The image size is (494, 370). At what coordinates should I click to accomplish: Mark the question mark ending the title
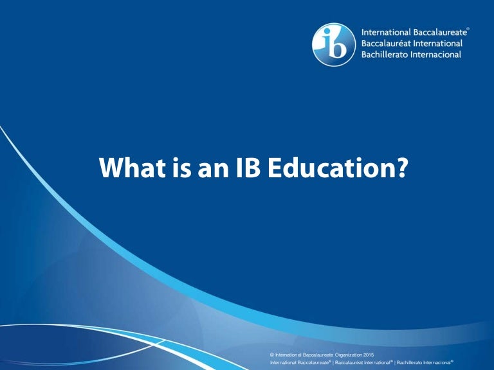[401, 169]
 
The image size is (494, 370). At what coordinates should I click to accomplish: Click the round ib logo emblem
[334, 45]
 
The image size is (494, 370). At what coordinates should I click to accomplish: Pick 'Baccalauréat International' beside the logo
[412, 44]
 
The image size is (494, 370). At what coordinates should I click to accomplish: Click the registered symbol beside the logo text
[468, 29]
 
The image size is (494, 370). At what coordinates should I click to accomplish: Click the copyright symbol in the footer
[272, 355]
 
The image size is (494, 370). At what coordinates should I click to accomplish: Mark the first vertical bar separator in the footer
[333, 362]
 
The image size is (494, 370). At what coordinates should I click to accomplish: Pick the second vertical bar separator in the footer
[394, 362]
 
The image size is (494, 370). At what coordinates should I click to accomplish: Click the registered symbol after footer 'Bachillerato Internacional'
[452, 360]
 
